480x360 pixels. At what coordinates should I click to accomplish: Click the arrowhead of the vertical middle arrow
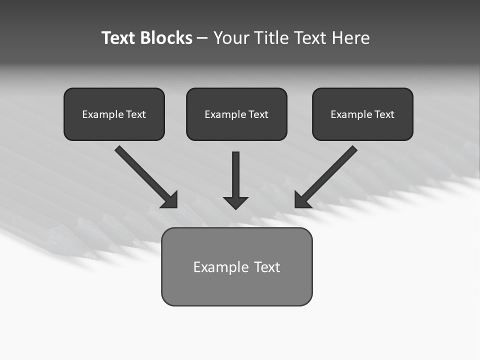point(235,203)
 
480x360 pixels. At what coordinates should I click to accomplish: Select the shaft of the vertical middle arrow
point(235,172)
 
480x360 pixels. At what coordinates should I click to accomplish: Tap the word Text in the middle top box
point(258,114)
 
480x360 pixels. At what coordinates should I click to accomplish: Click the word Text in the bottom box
point(267,267)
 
